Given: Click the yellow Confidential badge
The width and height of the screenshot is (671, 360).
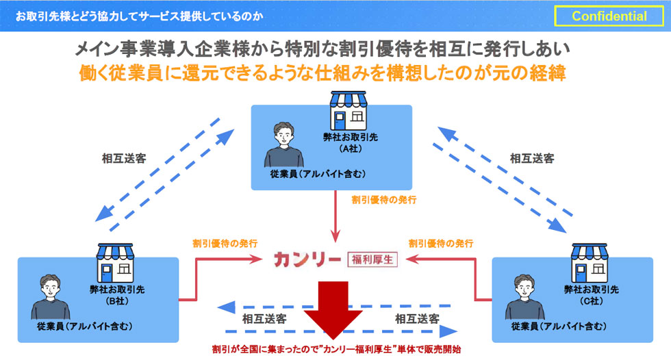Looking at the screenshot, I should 609,16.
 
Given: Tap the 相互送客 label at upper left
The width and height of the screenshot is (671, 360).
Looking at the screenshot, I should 124,158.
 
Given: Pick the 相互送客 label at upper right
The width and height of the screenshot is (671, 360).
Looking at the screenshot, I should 531,158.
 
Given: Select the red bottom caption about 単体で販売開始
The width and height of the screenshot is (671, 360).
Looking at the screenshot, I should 335,349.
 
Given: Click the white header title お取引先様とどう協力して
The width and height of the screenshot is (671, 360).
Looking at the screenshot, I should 138,15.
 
